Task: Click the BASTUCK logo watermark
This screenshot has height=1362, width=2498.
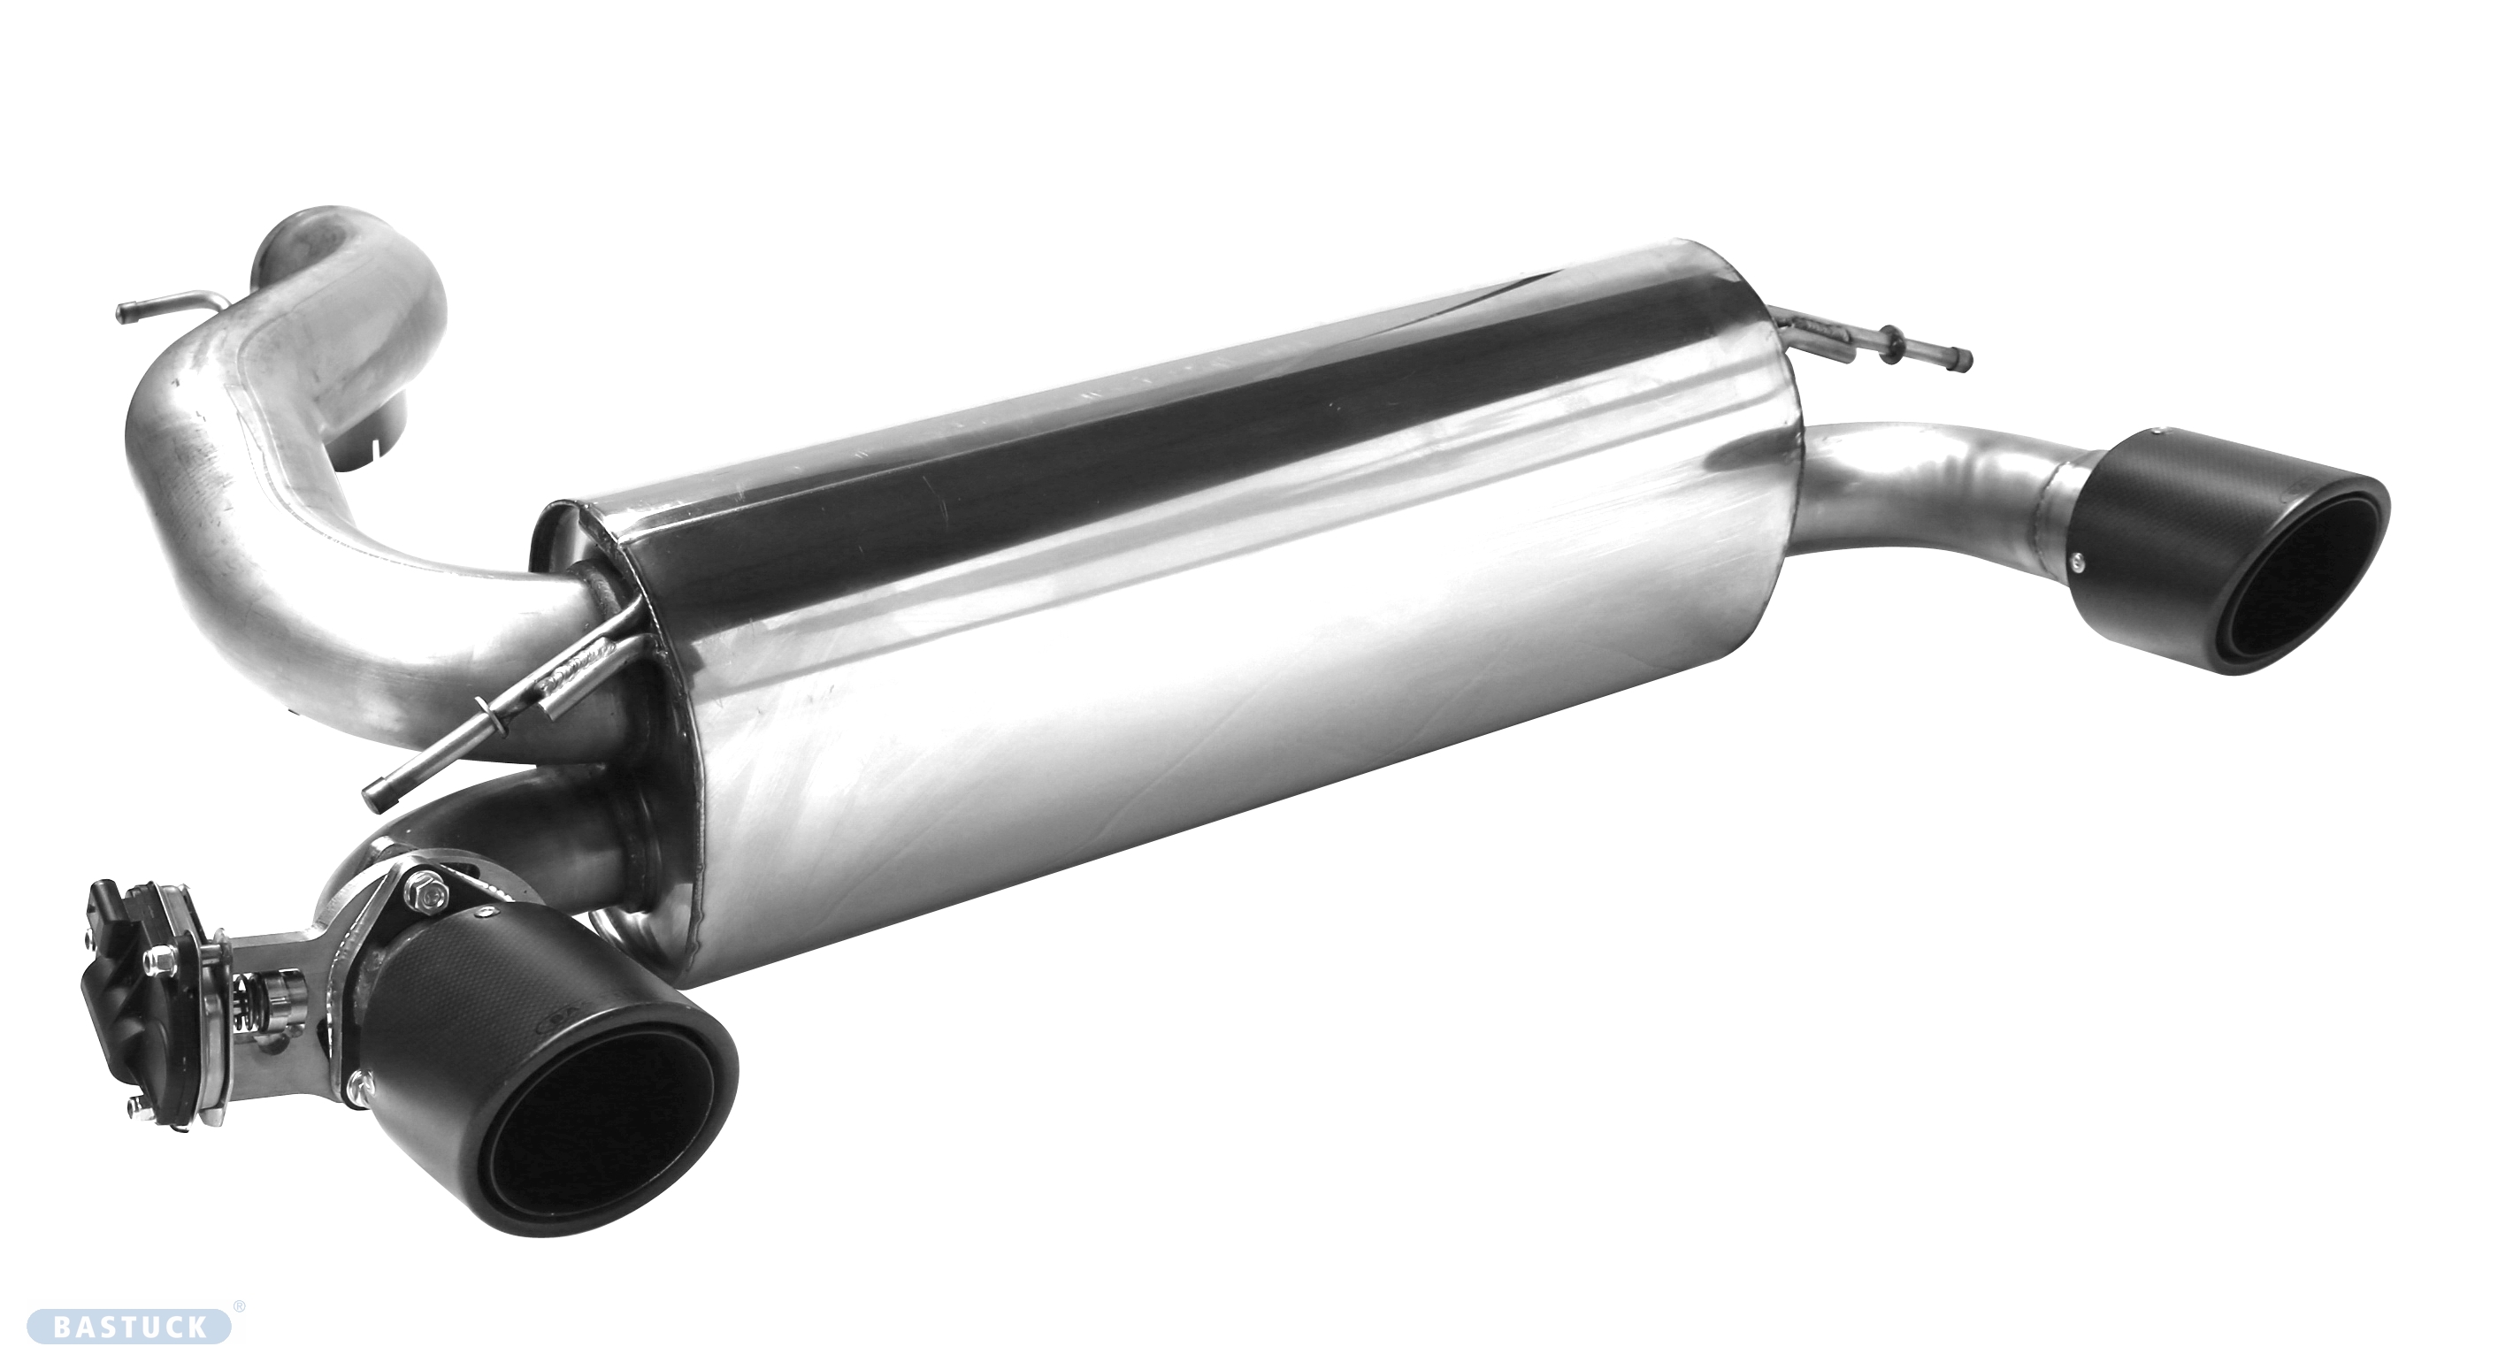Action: tap(129, 1326)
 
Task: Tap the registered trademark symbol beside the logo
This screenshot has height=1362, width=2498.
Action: tap(240, 1305)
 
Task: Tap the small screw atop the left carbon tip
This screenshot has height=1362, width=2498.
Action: tap(484, 911)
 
